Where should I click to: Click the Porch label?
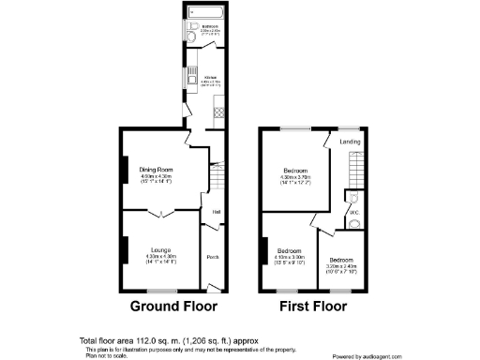213,258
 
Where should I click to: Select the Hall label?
216,212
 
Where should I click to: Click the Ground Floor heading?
172,307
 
